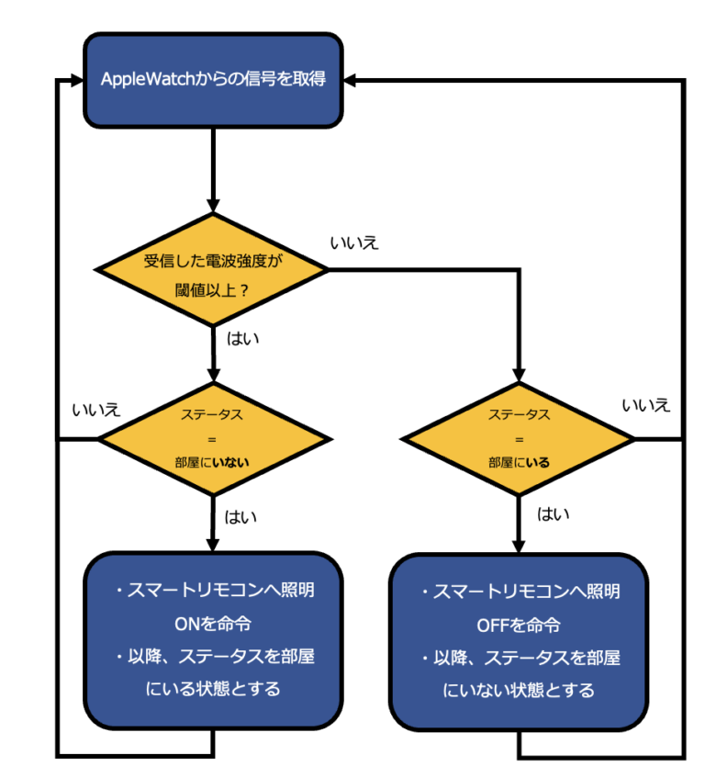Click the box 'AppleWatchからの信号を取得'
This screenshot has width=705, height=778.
(213, 80)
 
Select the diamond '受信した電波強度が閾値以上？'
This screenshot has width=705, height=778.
(213, 269)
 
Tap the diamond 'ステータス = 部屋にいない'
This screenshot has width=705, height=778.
(213, 439)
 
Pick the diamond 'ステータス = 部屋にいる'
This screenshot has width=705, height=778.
(520, 439)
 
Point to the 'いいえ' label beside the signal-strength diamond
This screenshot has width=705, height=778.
(354, 243)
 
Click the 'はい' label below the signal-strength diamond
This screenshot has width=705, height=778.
(242, 339)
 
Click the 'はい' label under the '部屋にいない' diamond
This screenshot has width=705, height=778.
(241, 516)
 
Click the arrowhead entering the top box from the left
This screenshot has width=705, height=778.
(75, 81)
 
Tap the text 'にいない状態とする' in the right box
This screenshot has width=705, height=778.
(520, 689)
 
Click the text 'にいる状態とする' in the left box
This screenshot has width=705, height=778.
(213, 688)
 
